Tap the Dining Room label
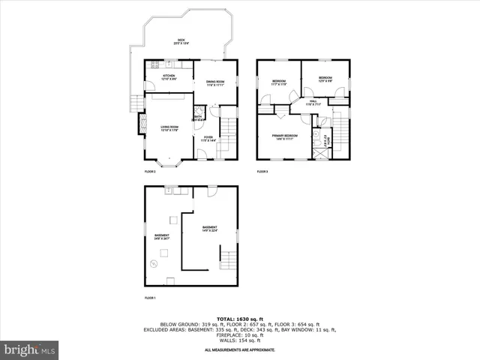[217, 84]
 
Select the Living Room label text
[169, 129]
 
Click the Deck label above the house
[181, 42]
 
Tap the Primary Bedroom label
[285, 137]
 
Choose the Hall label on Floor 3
[313, 103]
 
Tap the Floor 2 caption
[150, 172]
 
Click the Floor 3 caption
[262, 172]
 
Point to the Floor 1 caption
[150, 298]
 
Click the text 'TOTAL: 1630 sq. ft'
[240, 318]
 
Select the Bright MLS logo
[29, 349]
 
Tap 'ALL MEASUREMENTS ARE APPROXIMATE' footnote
[240, 349]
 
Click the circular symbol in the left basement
[154, 263]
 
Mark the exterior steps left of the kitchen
[136, 102]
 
